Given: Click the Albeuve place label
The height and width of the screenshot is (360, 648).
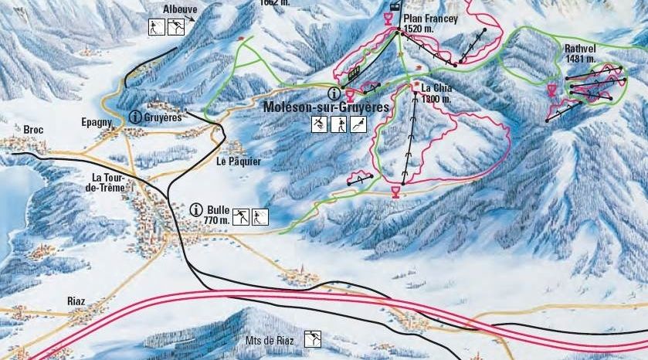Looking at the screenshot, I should [x=180, y=9].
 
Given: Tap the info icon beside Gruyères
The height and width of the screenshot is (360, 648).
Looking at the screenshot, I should [x=136, y=117].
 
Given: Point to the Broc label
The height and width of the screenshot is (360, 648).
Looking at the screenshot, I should [x=34, y=128].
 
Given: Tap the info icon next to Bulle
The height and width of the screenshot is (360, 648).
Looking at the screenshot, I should [x=196, y=209].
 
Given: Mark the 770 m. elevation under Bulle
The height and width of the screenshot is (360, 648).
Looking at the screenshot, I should [x=217, y=220].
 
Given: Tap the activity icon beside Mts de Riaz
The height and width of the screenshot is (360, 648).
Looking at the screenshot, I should [x=313, y=338].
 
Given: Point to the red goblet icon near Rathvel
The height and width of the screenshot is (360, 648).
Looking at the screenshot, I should [x=551, y=90].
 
